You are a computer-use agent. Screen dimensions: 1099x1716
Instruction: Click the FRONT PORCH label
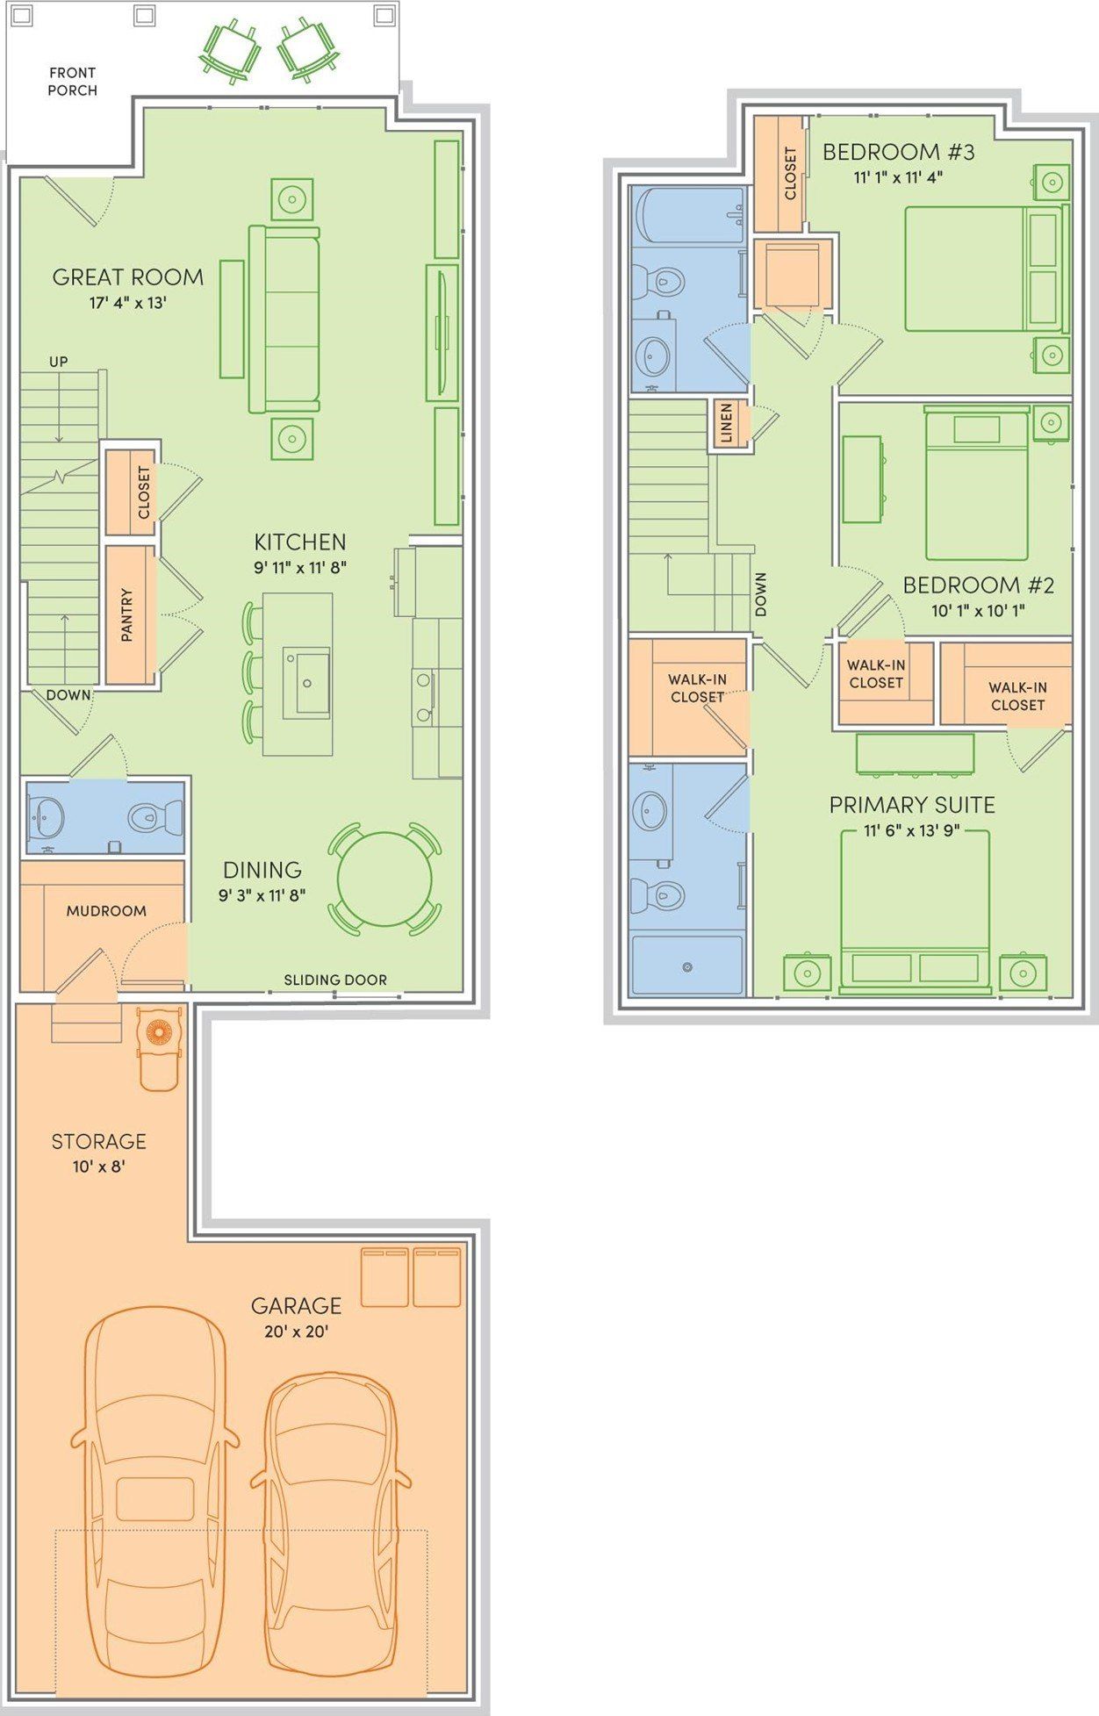coord(72,82)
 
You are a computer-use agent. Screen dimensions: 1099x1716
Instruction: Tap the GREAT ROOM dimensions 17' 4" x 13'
coord(128,304)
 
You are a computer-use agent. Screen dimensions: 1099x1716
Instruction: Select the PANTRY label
coord(127,614)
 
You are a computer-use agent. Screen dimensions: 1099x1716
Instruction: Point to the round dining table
coord(384,879)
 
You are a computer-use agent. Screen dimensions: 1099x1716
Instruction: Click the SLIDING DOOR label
coord(335,980)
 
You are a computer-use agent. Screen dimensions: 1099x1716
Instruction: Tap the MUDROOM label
coord(106,911)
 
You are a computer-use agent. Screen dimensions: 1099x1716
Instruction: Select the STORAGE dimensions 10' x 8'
coord(98,1167)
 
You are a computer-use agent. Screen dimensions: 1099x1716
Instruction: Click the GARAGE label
coord(296,1306)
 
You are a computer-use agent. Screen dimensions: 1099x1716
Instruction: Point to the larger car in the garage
coord(154,1490)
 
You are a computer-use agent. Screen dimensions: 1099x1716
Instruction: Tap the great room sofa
coord(284,319)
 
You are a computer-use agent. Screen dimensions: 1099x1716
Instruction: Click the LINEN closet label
coord(726,423)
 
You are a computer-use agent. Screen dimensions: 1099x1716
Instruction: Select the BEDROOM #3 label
coord(898,152)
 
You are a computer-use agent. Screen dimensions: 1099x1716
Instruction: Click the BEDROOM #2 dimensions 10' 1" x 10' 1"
coord(978,611)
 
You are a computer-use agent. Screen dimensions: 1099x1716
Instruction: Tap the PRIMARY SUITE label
coord(912,805)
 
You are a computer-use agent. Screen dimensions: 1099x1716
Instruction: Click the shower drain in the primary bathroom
coord(687,967)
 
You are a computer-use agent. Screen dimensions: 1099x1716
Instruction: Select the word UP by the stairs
coord(59,362)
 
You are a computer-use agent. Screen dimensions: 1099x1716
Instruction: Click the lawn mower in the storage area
coord(159,1046)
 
